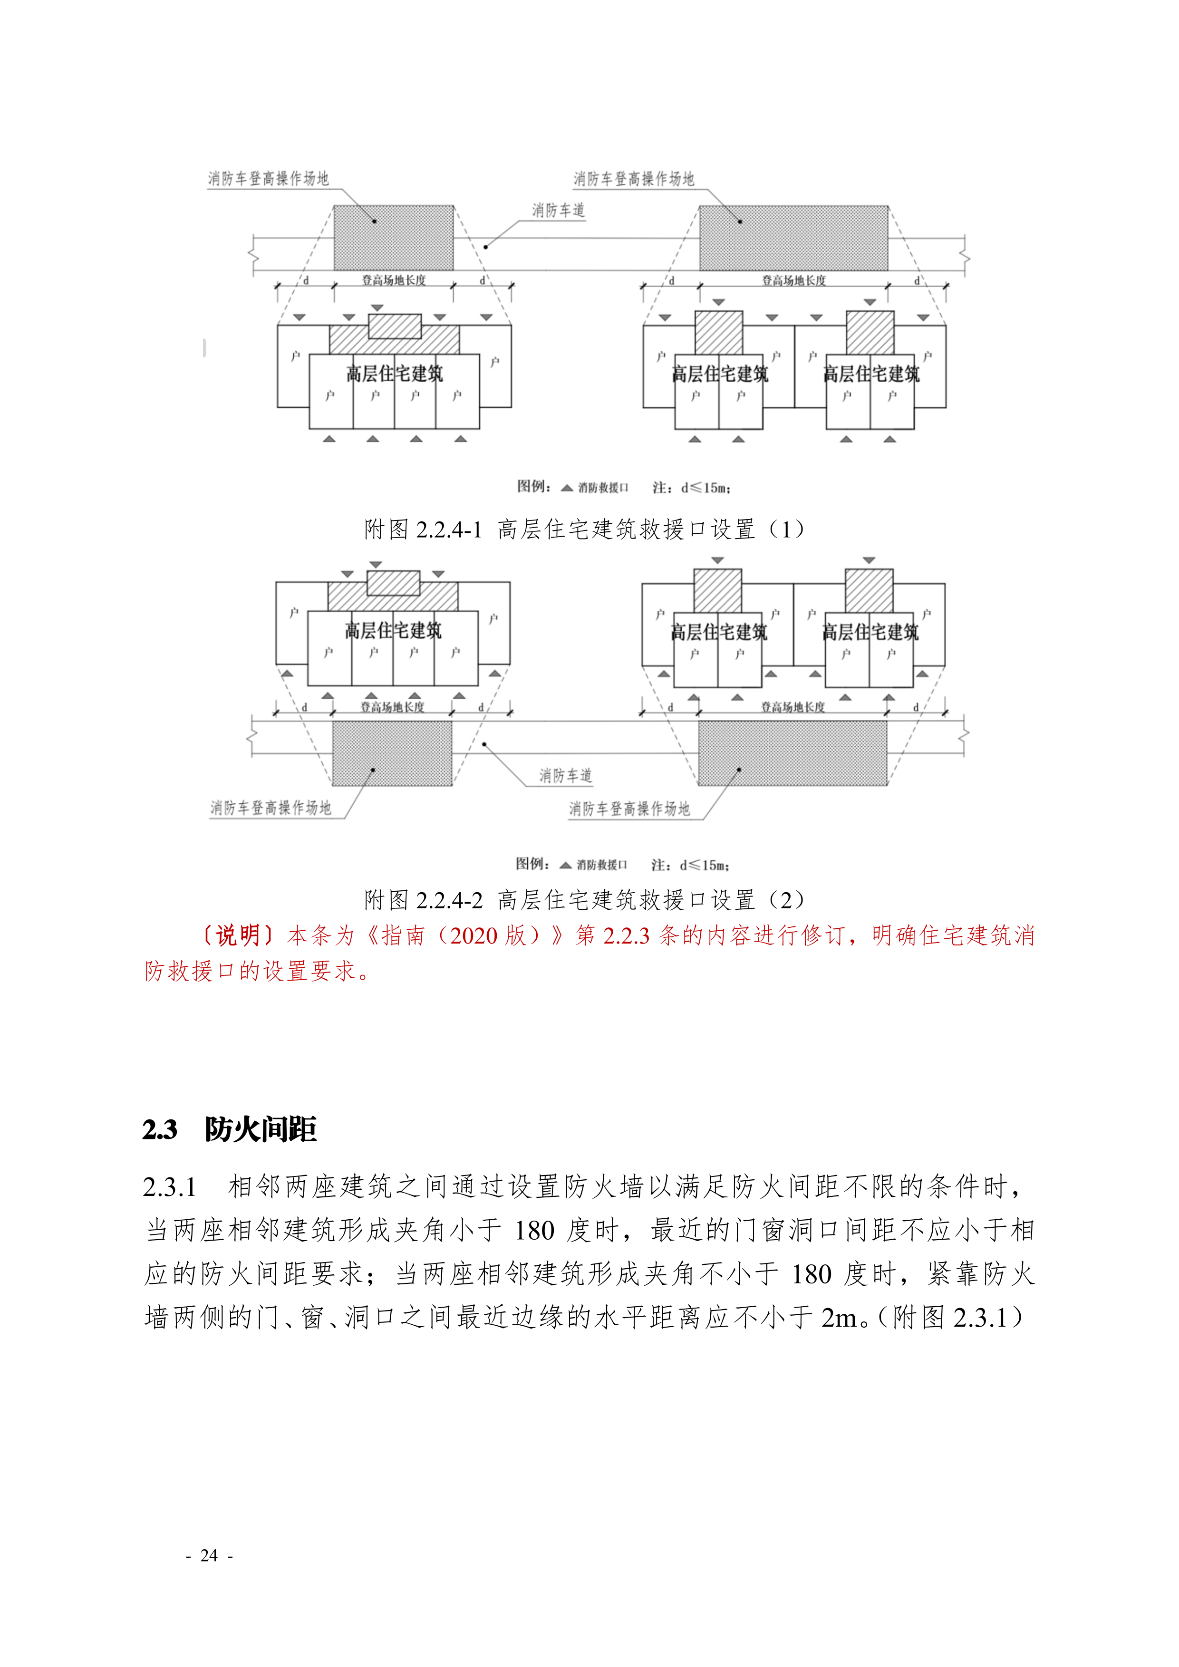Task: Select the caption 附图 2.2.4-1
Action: (423, 530)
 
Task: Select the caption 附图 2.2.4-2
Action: (423, 900)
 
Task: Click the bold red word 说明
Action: (237, 935)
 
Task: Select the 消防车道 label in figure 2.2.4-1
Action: (558, 211)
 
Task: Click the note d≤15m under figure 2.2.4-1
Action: (705, 488)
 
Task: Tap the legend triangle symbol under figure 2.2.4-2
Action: (566, 865)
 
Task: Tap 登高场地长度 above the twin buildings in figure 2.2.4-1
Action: (793, 280)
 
